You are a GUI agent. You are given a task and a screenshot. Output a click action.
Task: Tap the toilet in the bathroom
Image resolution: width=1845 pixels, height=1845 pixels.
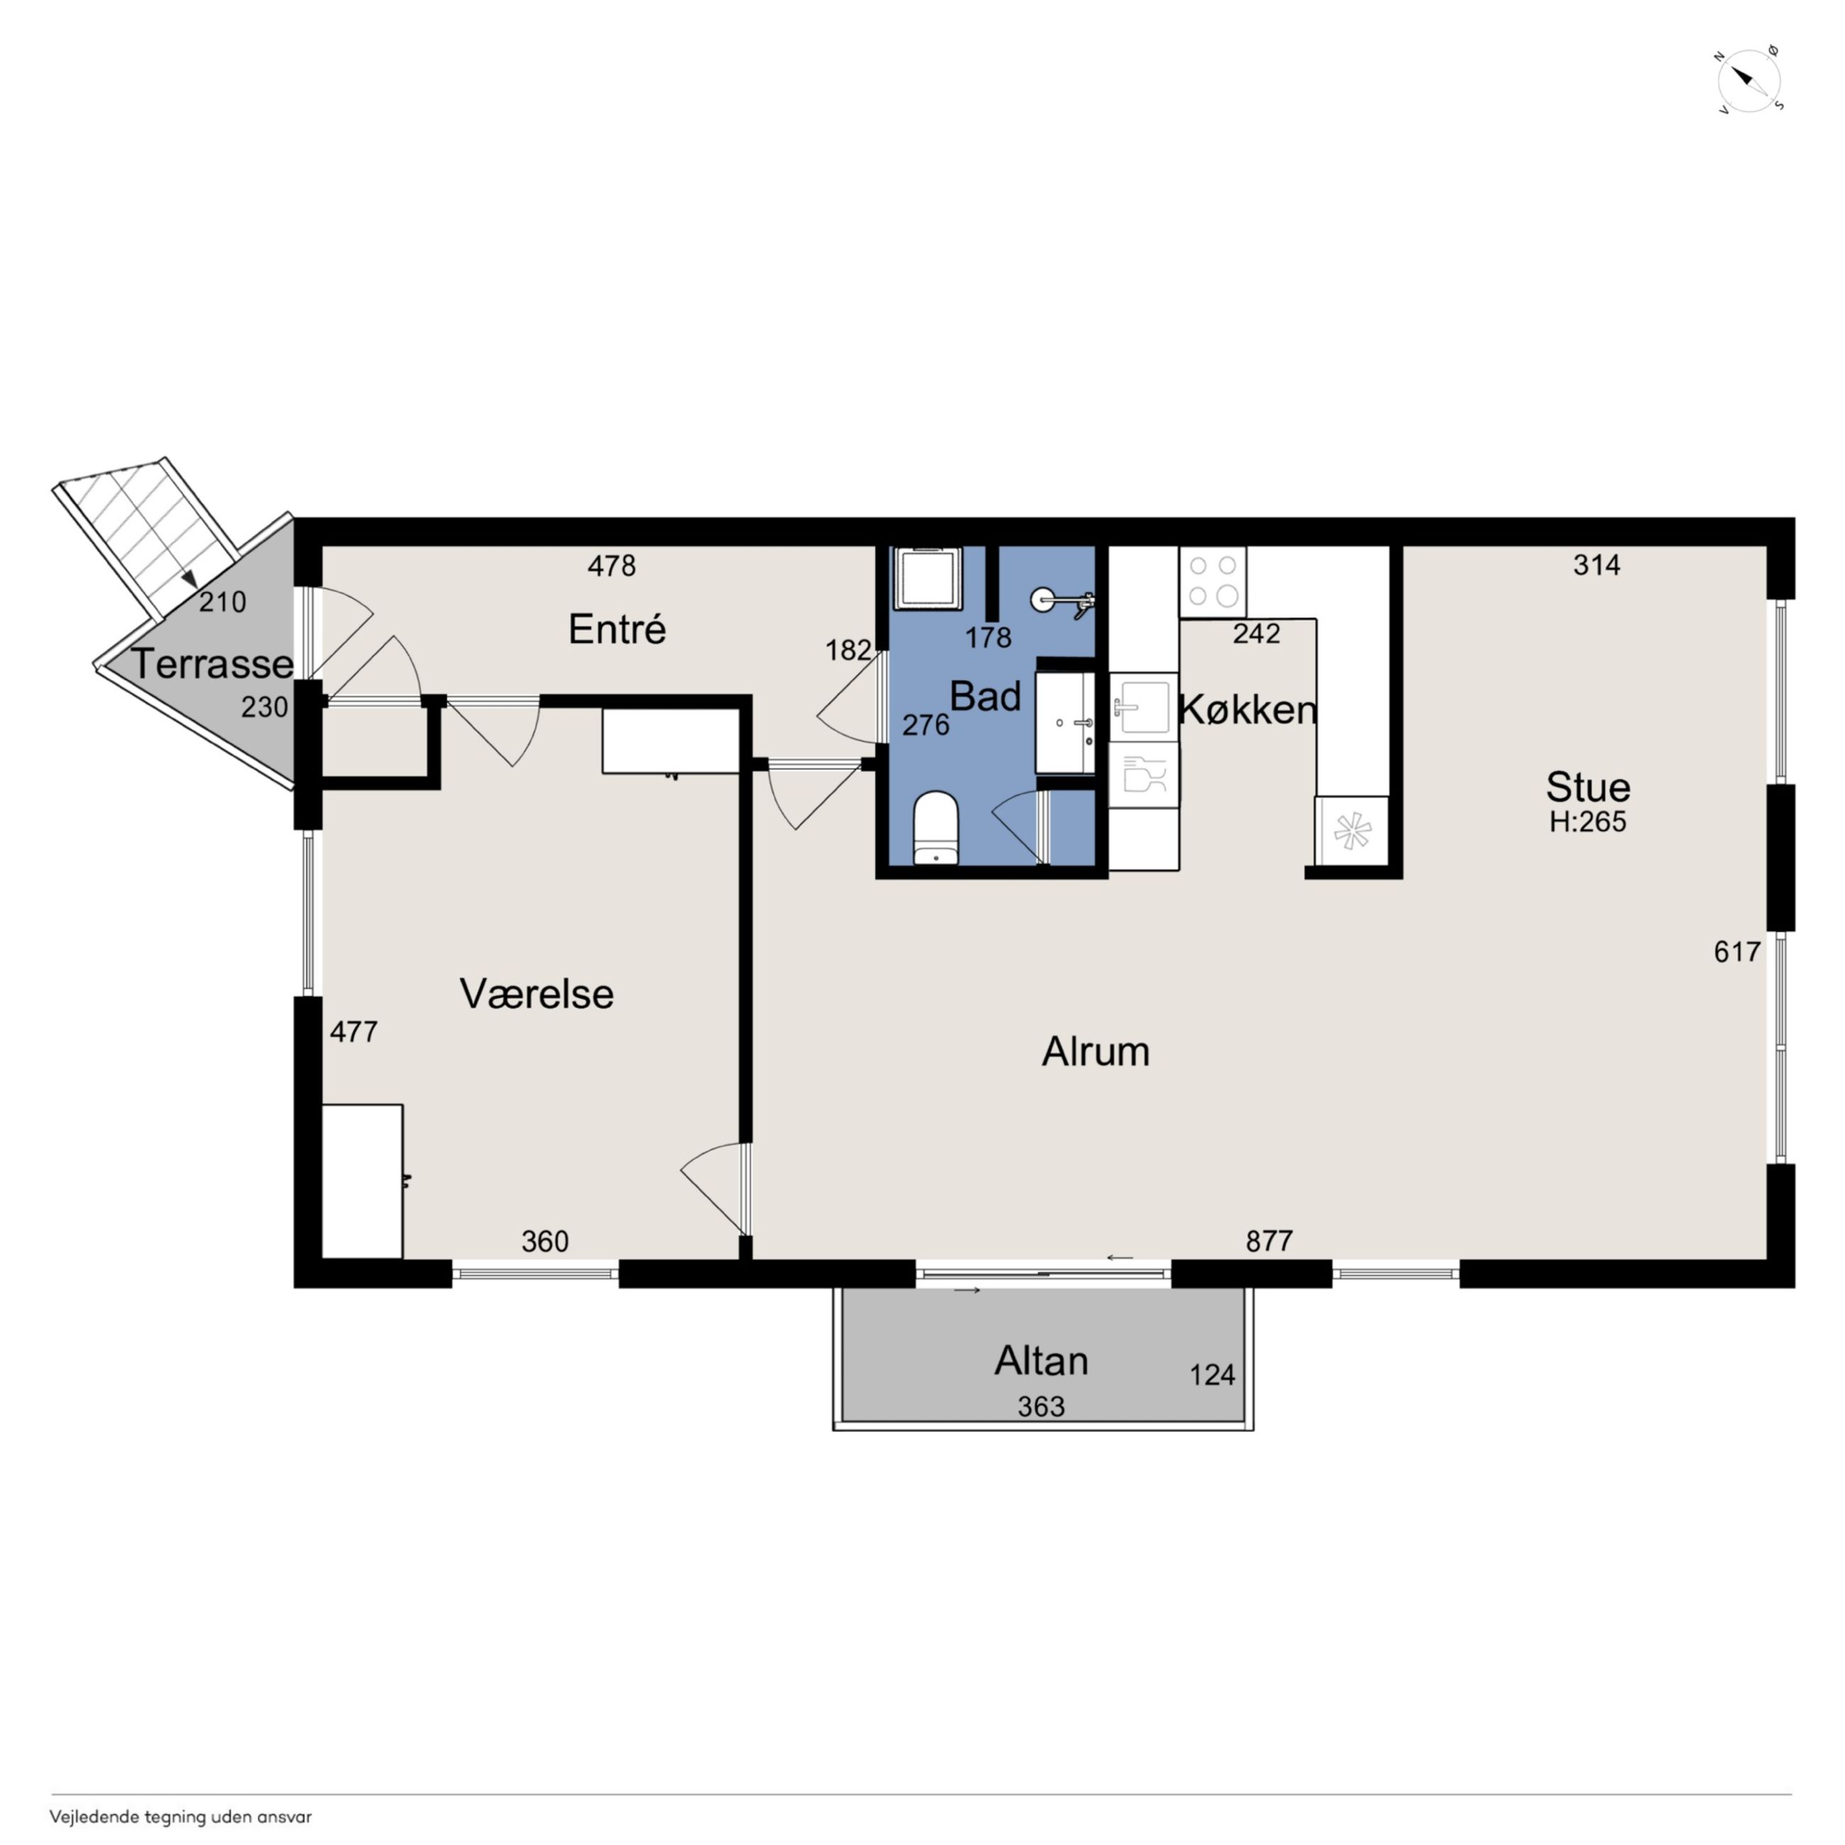[935, 827]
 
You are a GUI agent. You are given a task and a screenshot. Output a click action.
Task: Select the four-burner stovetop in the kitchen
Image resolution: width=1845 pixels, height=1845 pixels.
[1213, 582]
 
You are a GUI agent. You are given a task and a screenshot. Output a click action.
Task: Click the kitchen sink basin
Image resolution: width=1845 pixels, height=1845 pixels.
[1143, 707]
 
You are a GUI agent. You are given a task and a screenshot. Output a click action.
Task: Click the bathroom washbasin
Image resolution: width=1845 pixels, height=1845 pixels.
[1066, 722]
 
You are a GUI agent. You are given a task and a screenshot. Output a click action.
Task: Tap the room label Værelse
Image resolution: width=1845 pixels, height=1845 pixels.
[536, 994]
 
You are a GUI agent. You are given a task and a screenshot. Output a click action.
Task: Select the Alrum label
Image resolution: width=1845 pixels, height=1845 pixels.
[1096, 1052]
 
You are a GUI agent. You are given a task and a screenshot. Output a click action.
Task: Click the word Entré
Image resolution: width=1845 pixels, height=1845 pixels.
[617, 629]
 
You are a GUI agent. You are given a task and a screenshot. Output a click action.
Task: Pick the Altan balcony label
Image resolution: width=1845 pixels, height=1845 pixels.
[1041, 1361]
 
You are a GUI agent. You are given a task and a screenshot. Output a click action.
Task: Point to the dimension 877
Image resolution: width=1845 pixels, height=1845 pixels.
[1270, 1240]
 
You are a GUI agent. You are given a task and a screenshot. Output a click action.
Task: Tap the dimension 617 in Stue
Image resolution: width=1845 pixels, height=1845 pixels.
[1737, 951]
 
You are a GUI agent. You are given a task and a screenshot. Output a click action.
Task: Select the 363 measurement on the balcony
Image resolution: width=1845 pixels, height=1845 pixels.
[1041, 1406]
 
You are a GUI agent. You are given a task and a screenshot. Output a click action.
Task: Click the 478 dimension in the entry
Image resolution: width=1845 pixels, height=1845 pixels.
[611, 566]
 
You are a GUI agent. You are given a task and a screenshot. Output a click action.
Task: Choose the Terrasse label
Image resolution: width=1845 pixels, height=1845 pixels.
[212, 663]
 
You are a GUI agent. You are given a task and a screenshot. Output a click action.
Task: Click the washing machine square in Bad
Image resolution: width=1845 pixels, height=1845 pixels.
[925, 578]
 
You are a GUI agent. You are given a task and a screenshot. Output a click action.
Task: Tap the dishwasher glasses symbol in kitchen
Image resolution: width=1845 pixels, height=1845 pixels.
[1143, 774]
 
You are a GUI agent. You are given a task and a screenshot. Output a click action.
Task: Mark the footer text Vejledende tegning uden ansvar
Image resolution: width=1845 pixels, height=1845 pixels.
[180, 1817]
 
